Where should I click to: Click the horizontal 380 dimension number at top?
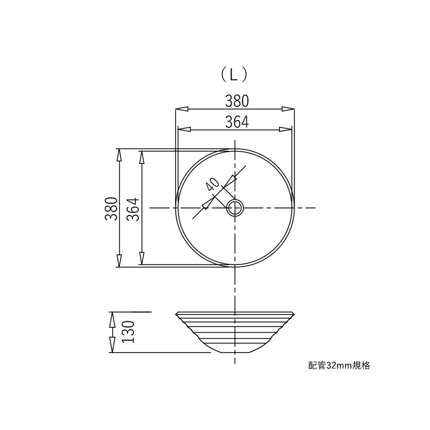(x=237, y=101)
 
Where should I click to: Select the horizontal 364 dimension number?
(x=237, y=122)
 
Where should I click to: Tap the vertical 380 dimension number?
(x=111, y=209)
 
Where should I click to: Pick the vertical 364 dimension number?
(x=133, y=209)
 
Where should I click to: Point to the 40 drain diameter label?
(x=212, y=184)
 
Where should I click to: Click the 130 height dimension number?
(x=128, y=332)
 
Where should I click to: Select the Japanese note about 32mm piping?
(x=339, y=365)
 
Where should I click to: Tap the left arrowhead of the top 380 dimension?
(x=182, y=109)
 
